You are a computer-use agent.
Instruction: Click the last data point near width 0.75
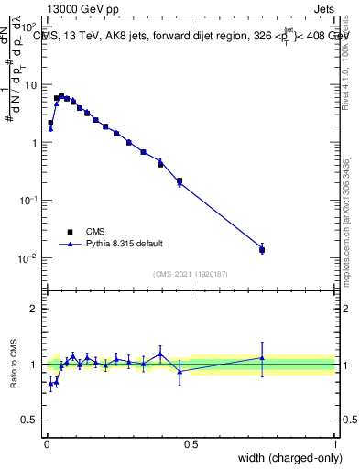point(262,249)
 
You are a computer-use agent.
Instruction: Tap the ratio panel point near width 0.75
point(262,358)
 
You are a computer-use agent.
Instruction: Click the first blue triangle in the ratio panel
point(50,384)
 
